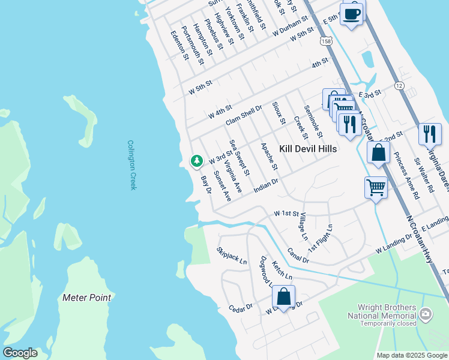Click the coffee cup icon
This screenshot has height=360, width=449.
click(x=352, y=13)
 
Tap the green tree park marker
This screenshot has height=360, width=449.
click(x=196, y=161)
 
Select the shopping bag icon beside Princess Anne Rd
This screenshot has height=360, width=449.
click(x=378, y=153)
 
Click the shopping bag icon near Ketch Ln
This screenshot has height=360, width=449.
click(x=283, y=296)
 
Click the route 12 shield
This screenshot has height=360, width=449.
click(x=399, y=86)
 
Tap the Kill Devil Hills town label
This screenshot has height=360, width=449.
click(x=308, y=148)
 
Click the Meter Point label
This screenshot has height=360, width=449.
click(x=86, y=298)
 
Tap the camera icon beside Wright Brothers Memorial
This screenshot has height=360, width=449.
click(x=426, y=313)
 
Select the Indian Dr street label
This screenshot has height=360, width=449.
click(x=266, y=185)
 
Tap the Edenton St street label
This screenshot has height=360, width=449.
click(x=179, y=46)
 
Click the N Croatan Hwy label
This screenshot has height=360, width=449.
click(x=420, y=239)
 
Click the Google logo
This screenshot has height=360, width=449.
click(x=20, y=353)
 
